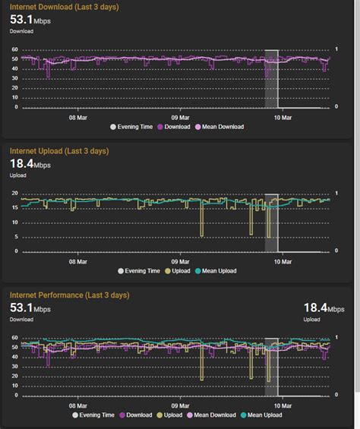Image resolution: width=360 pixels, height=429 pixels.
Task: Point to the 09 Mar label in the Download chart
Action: coord(180,118)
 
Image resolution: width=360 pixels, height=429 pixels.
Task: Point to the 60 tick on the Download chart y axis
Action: coord(14,50)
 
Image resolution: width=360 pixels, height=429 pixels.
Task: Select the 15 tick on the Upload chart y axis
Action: coord(14,207)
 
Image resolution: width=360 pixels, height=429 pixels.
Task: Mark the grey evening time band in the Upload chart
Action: coord(271,224)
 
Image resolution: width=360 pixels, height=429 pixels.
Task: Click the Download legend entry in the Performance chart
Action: coord(136,415)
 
